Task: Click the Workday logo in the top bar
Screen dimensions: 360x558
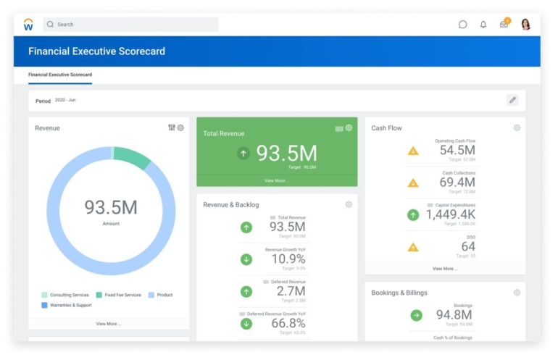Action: tap(28, 25)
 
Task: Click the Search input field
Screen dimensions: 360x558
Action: tap(130, 25)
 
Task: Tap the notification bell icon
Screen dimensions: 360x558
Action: tap(483, 25)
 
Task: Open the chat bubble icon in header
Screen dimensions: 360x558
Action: tap(462, 25)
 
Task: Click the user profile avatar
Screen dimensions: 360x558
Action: tap(525, 25)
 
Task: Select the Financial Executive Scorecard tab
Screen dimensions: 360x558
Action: tap(60, 75)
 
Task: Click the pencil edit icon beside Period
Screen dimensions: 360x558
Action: tap(512, 100)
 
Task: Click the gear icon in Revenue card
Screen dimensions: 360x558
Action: tap(180, 127)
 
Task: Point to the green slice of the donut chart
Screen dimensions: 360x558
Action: tap(132, 156)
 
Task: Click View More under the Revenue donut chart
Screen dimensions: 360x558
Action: tap(109, 324)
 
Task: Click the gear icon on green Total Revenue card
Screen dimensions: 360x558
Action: tap(349, 128)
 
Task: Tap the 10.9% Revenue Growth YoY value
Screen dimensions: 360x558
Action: tap(288, 259)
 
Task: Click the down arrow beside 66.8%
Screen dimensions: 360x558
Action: tap(246, 323)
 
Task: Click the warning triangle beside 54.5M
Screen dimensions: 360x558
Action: tap(413, 151)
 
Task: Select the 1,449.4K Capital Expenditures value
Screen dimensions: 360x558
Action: tap(450, 214)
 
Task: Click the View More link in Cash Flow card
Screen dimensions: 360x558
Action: tap(445, 268)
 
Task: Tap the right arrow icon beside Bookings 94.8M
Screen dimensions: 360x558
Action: tap(416, 315)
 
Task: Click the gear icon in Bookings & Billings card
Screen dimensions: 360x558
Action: tap(517, 293)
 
